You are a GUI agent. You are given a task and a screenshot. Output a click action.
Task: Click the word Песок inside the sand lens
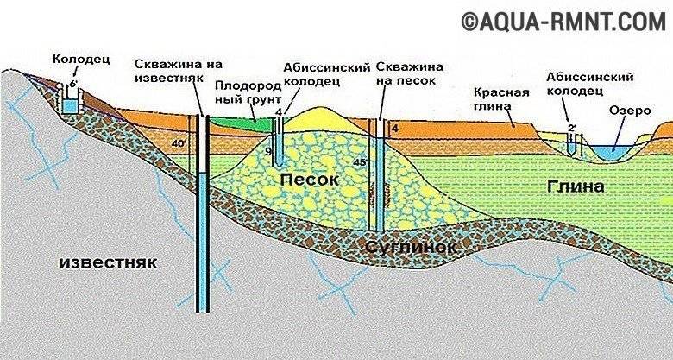(305, 178)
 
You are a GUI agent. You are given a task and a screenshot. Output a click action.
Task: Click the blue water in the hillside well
(68, 106)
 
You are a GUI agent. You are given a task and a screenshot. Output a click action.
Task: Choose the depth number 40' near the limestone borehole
(179, 144)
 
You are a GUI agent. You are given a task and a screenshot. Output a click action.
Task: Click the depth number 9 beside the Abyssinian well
(268, 152)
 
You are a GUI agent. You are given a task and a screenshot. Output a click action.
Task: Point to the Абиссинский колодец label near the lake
(581, 84)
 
